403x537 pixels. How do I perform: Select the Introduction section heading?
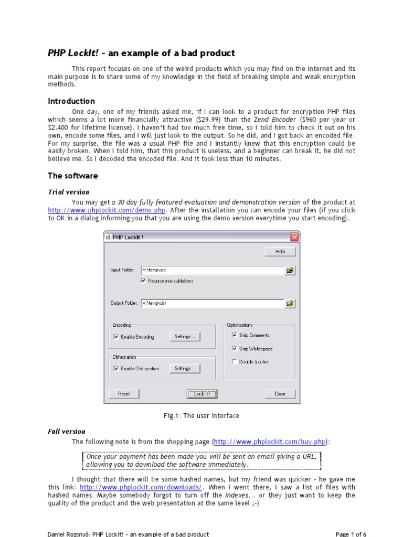coord(71,101)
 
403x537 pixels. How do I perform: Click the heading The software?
coord(73,176)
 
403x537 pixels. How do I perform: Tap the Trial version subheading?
coord(69,192)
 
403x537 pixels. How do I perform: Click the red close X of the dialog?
coord(294,237)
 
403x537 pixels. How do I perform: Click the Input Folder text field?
coord(211,270)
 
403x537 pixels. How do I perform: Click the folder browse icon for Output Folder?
coord(290,303)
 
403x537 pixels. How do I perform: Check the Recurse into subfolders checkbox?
coord(143,281)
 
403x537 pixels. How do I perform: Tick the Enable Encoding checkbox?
coord(116,337)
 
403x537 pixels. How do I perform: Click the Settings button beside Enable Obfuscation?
coord(184,369)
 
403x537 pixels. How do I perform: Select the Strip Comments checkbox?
coord(235,335)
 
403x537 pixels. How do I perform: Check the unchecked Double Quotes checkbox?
coord(235,361)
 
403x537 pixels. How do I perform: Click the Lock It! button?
coord(201,394)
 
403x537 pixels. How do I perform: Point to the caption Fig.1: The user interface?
coord(201,416)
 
